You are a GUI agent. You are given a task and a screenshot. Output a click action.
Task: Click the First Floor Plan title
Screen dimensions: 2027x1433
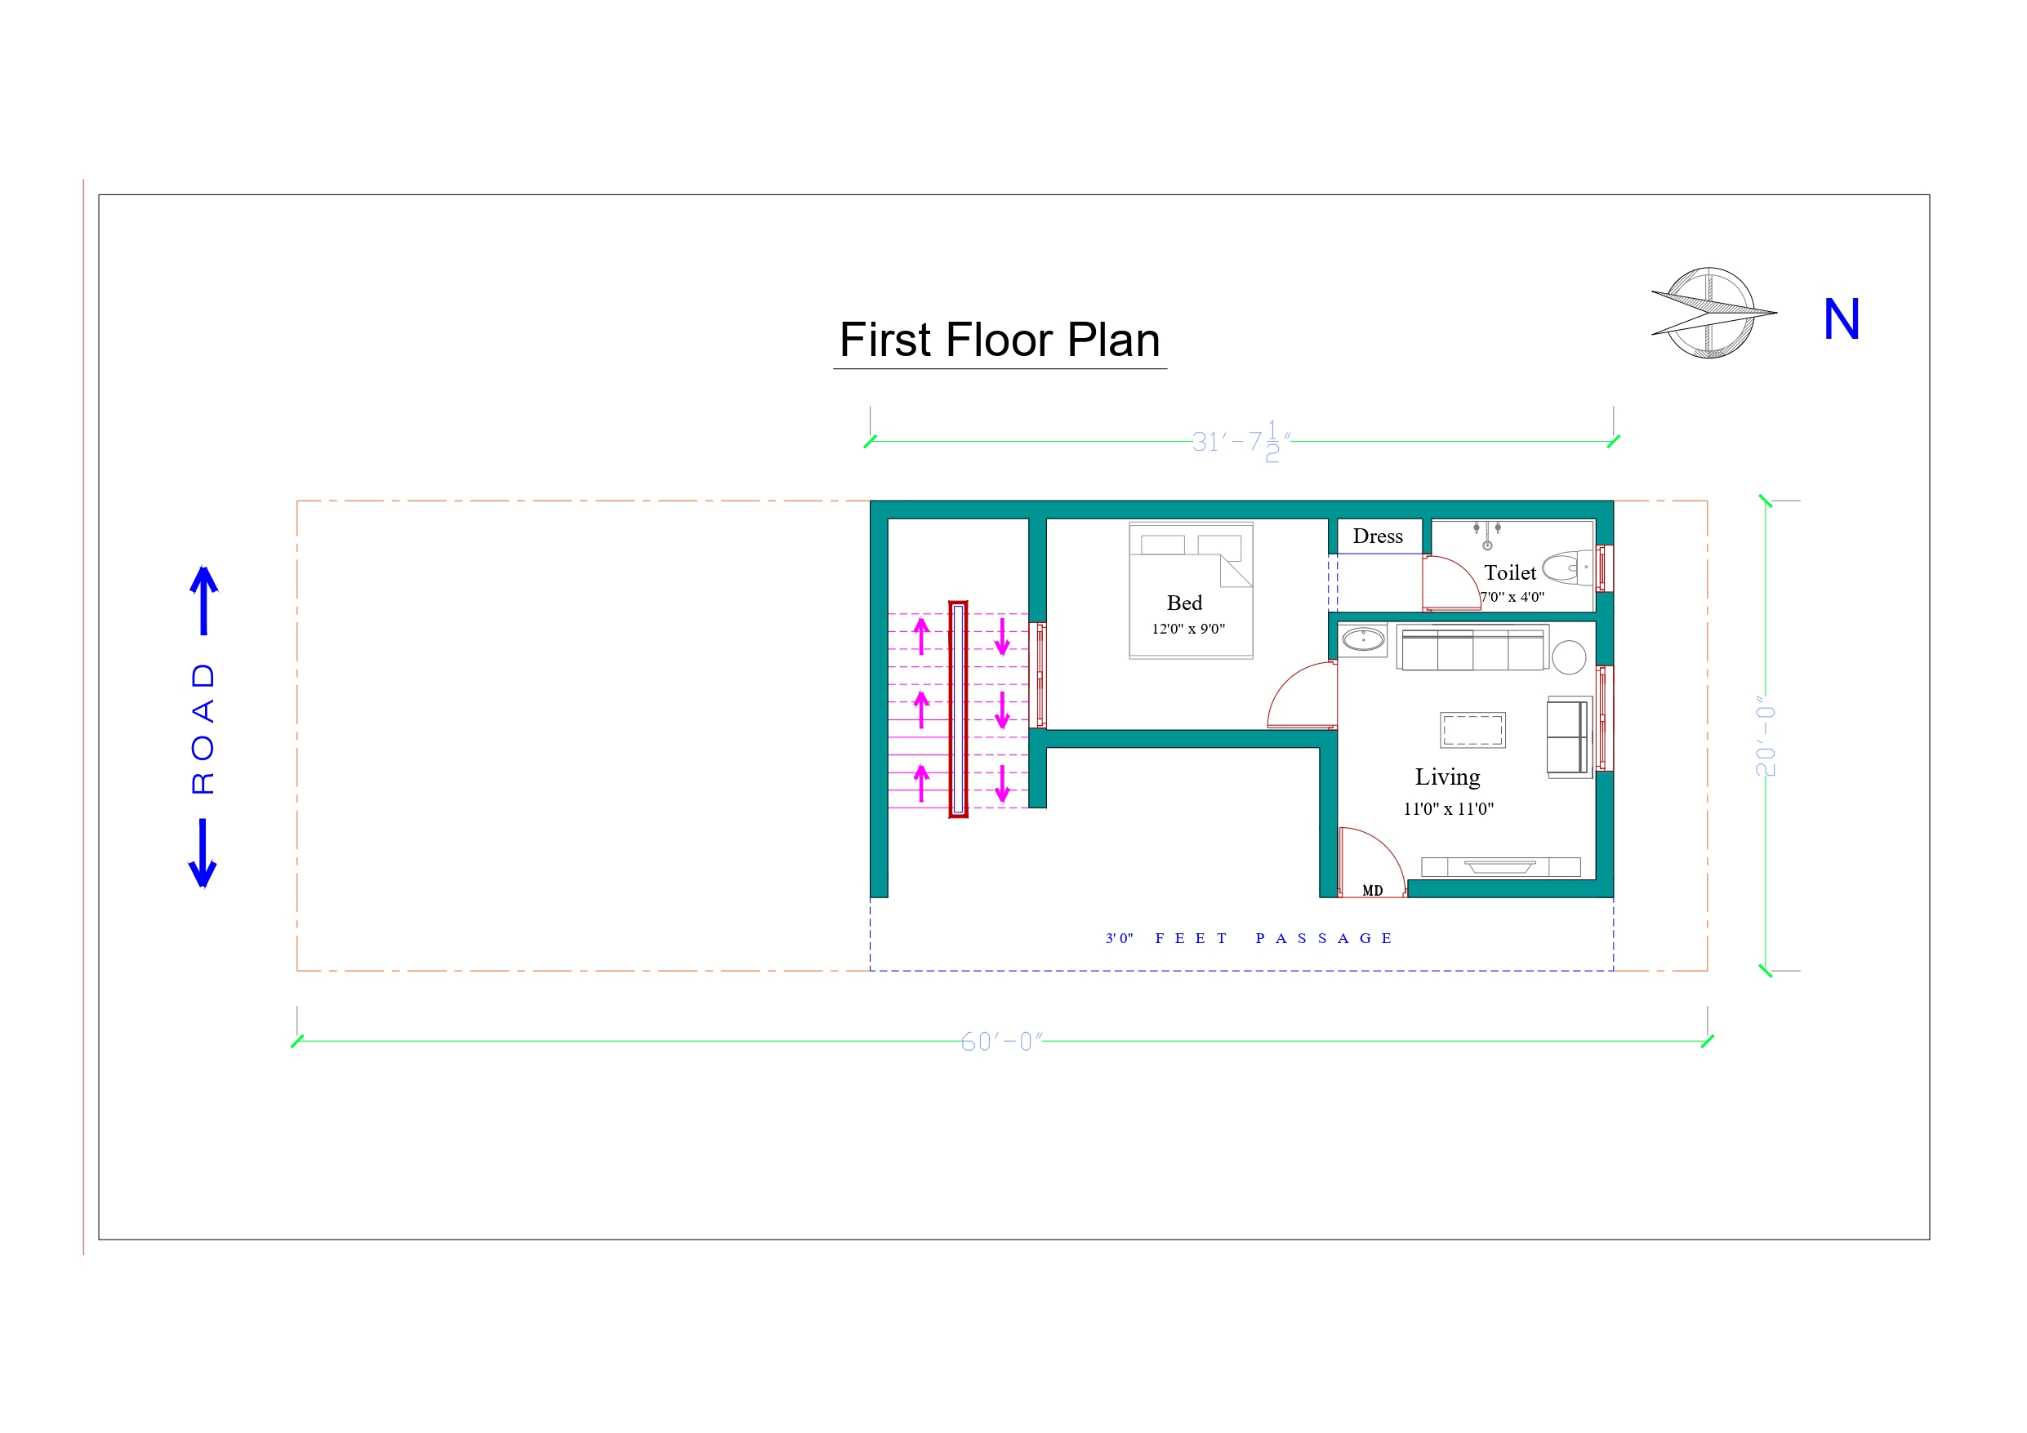point(1000,340)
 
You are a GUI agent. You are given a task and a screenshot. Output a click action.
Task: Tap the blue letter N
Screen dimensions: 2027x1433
point(1841,318)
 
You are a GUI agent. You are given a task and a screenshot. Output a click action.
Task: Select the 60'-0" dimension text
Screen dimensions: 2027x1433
point(1002,1042)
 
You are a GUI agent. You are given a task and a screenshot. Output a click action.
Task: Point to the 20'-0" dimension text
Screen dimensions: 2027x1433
point(1766,736)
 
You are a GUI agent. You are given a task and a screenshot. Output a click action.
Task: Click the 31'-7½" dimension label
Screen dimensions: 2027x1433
point(1241,441)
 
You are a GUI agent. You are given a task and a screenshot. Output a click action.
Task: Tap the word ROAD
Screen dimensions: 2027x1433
point(203,728)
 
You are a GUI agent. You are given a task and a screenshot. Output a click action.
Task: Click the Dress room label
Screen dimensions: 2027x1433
point(1377,536)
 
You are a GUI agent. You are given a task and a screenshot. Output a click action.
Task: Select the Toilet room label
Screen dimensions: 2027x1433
point(1510,572)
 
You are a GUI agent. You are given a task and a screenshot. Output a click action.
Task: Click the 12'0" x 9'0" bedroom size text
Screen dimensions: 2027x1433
point(1188,629)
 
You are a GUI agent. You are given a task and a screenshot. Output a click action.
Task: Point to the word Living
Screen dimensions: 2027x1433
point(1447,777)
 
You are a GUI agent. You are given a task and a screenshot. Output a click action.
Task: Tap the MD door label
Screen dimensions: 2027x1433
point(1373,890)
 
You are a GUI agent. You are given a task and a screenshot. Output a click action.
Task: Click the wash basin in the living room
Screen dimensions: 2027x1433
point(1363,639)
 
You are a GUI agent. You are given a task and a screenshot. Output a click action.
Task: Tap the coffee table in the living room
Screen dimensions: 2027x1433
point(1472,730)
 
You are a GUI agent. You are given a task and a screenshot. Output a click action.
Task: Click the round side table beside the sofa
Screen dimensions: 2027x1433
point(1569,658)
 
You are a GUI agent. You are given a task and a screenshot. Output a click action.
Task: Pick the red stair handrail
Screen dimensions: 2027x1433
point(958,709)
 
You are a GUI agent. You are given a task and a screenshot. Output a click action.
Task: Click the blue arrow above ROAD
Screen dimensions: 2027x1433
point(204,600)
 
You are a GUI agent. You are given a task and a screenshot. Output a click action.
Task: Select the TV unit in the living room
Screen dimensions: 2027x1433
point(1501,866)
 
